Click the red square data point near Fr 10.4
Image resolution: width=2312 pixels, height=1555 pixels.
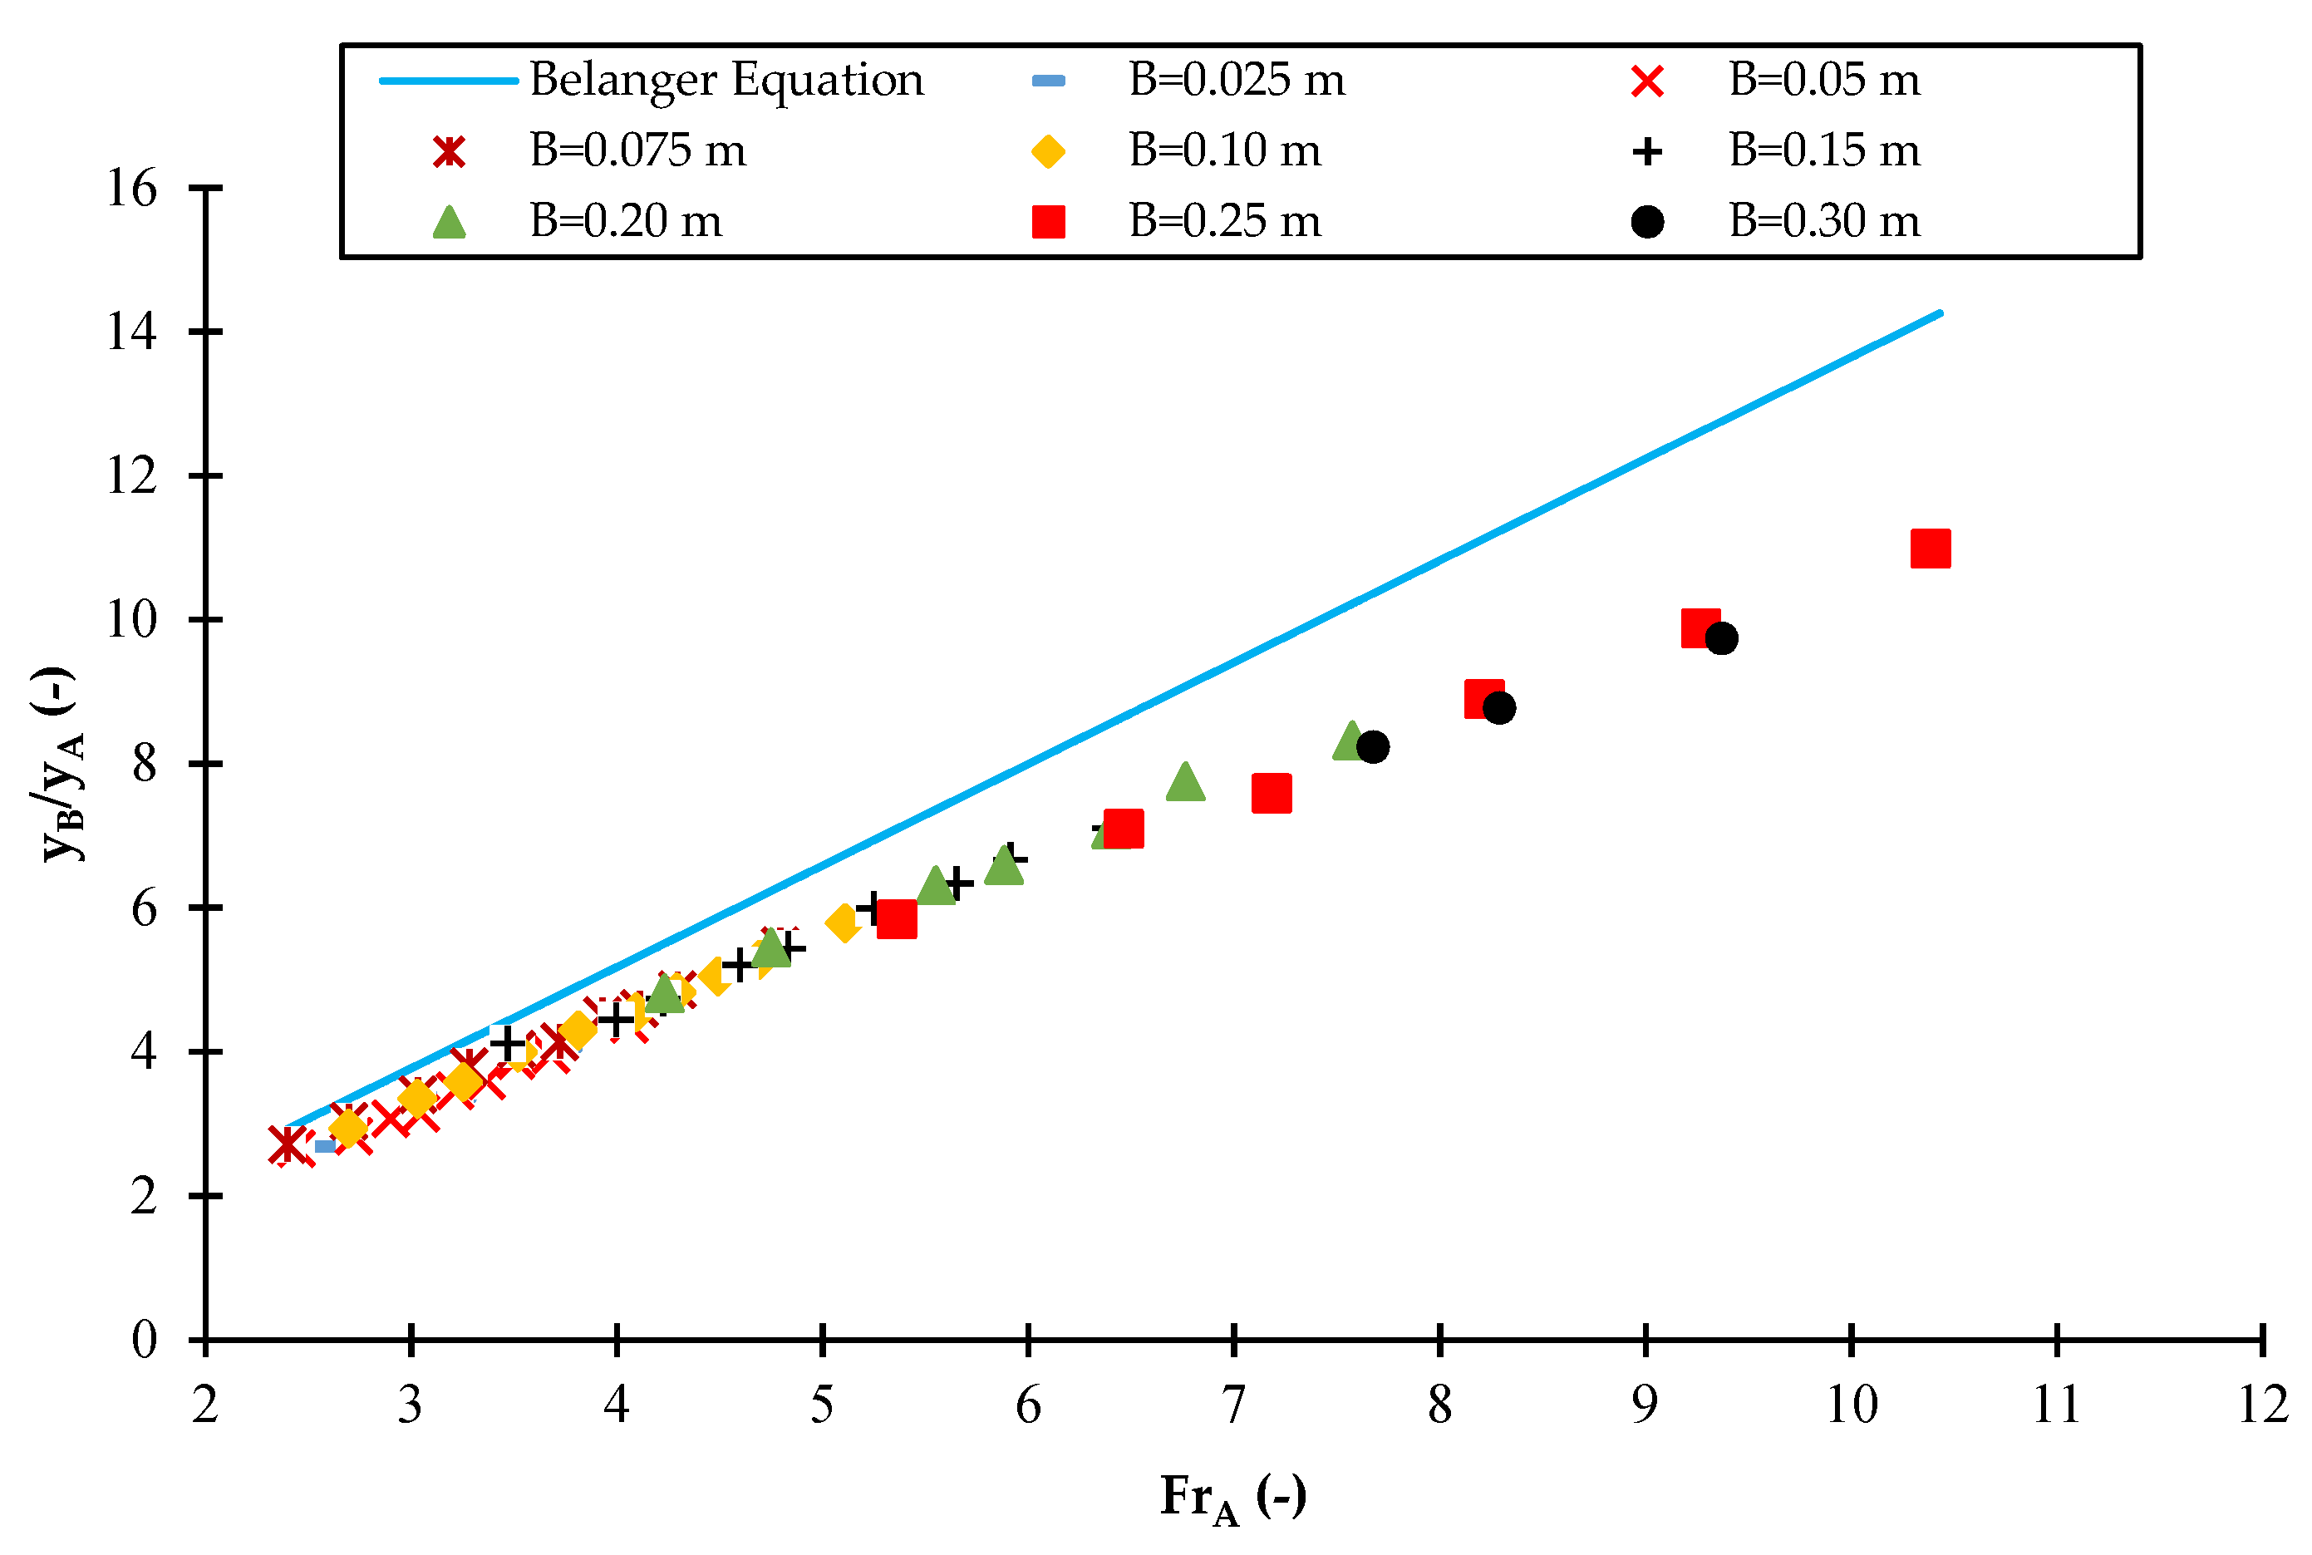[1930, 549]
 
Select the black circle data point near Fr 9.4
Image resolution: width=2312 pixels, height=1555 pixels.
[1721, 638]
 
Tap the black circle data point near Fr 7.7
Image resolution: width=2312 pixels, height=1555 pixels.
[1372, 747]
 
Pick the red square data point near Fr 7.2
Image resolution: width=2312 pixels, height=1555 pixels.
[1271, 794]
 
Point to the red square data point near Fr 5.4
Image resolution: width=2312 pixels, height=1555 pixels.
[896, 919]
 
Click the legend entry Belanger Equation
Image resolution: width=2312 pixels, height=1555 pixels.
[726, 79]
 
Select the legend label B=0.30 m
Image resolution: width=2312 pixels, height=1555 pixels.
[1823, 220]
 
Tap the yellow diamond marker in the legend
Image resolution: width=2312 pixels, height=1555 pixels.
[1048, 152]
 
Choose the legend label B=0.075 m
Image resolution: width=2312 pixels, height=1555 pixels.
[637, 150]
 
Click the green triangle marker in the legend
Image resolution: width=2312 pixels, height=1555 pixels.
[449, 222]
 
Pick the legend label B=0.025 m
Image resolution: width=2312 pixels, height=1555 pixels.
[1237, 79]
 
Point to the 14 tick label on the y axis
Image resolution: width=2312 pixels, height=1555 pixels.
[132, 332]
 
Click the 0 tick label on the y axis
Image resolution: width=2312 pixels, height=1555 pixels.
[144, 1340]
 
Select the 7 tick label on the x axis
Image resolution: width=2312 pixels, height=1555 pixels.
[1232, 1405]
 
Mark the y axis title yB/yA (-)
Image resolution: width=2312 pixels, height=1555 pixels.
[61, 764]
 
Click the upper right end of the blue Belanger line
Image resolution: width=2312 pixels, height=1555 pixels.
[1939, 313]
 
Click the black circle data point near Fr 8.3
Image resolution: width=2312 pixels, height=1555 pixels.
[1498, 708]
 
